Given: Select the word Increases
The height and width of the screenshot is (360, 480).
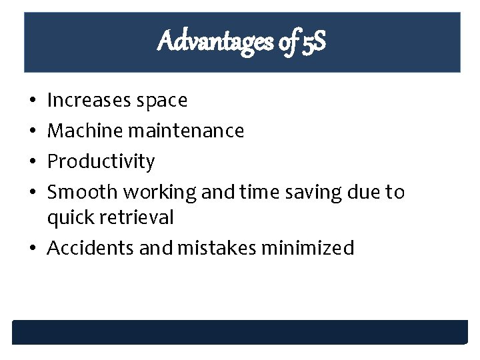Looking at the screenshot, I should click(89, 101).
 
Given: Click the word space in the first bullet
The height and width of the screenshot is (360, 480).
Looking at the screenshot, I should click(161, 101).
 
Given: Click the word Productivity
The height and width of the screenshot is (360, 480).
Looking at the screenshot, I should click(101, 161).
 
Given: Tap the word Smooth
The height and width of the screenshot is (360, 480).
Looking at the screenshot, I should click(83, 192).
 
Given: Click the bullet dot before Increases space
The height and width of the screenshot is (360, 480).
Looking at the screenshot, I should click(33, 101).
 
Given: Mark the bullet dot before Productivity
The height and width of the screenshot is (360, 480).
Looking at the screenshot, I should click(33, 162).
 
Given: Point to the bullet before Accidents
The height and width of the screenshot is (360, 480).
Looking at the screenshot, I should click(33, 249).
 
